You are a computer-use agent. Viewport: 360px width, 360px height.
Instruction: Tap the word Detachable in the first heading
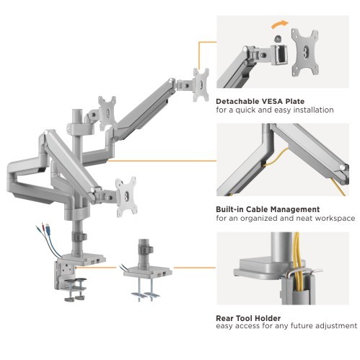(x=239, y=101)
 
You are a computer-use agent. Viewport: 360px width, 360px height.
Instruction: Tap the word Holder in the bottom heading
(x=272, y=317)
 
